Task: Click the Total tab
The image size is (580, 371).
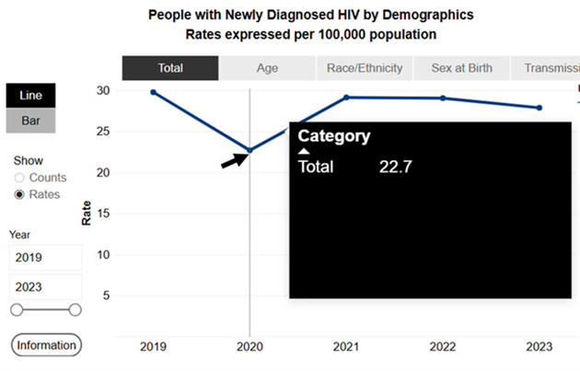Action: click(170, 68)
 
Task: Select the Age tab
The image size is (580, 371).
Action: click(267, 68)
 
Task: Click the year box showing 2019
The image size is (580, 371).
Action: click(45, 258)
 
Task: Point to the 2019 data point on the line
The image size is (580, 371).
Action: click(153, 92)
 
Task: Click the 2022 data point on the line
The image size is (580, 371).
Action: click(443, 99)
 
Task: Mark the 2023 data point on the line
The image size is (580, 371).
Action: click(539, 108)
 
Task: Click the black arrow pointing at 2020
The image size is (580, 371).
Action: click(234, 160)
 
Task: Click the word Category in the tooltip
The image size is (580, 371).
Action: click(334, 136)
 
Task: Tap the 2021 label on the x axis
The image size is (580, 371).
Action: click(346, 347)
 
